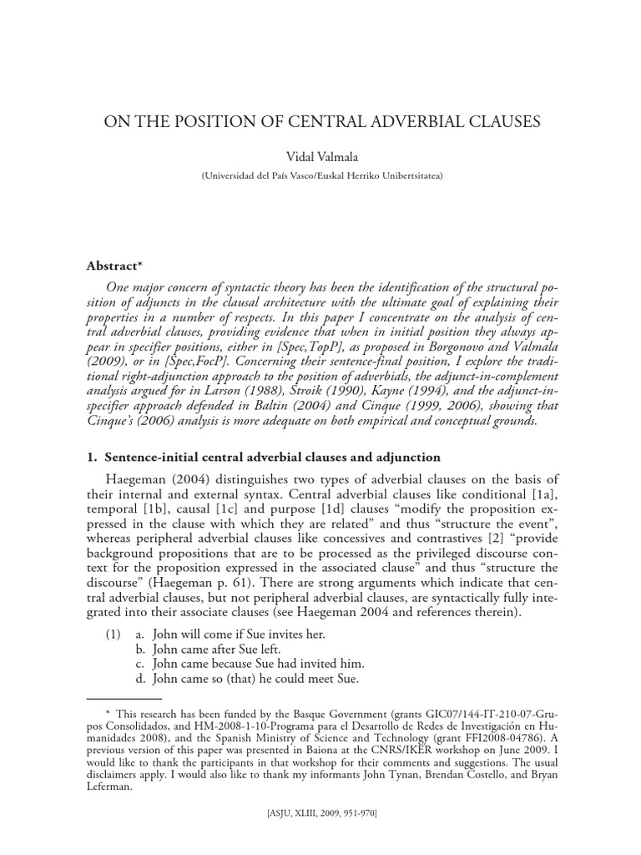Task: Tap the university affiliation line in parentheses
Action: (320, 176)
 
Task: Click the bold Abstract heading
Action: (117, 265)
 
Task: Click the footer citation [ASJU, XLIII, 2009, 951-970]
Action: (320, 832)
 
